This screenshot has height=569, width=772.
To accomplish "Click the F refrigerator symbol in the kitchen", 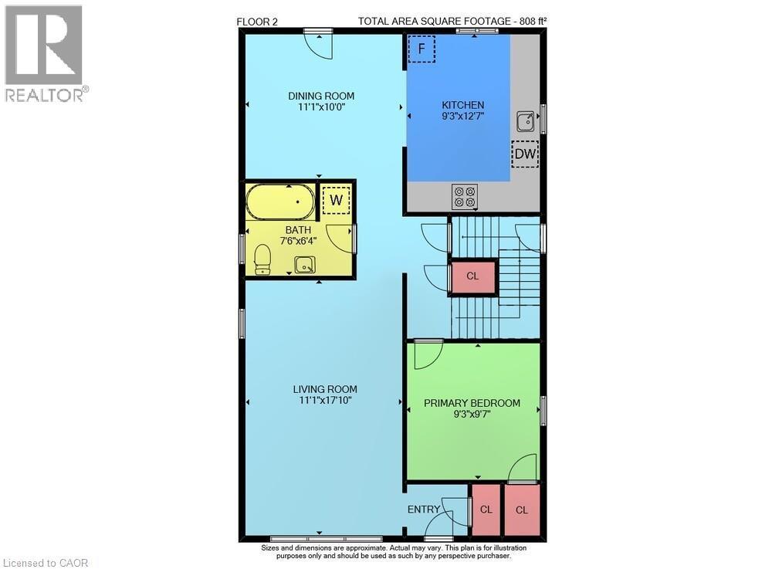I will (422, 49).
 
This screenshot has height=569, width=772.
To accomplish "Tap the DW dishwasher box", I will (526, 154).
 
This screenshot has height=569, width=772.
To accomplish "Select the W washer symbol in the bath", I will (336, 200).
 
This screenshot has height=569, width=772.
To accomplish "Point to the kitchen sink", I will (526, 120).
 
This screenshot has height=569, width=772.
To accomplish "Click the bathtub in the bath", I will (279, 203).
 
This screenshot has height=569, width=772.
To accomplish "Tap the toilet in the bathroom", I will (262, 259).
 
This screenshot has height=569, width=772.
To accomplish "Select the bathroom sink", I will (305, 265).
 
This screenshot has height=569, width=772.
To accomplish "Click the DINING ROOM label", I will (321, 97).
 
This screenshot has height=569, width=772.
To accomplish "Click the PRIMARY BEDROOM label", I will (472, 403).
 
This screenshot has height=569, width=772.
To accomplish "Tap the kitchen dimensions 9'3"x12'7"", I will (462, 117).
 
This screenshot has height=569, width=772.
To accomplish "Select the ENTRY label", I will (424, 510).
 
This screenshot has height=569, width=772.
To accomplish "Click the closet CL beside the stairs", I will (472, 276).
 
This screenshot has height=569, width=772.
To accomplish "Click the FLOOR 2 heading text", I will (257, 22).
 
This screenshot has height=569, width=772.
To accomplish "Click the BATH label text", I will (298, 230).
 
